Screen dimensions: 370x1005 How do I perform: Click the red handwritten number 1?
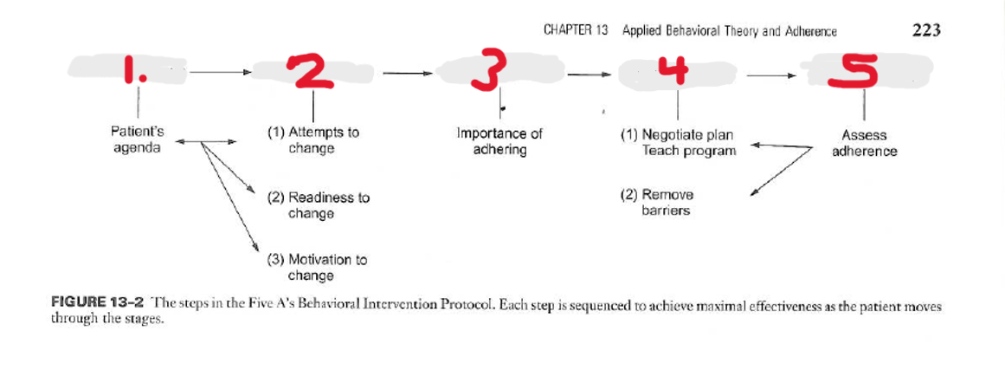pos(132,70)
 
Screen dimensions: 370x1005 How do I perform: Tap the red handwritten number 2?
pos(312,70)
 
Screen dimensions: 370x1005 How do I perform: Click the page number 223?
pos(926,30)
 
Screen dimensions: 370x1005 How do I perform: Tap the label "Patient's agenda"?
pos(137,140)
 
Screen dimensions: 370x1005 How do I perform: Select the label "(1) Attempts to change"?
pos(312,140)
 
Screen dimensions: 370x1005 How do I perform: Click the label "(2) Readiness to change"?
pos(318,205)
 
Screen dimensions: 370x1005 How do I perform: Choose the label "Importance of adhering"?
pos(499,141)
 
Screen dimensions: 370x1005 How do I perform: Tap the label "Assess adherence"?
pos(864,143)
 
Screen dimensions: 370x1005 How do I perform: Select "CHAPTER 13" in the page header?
pos(577,30)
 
